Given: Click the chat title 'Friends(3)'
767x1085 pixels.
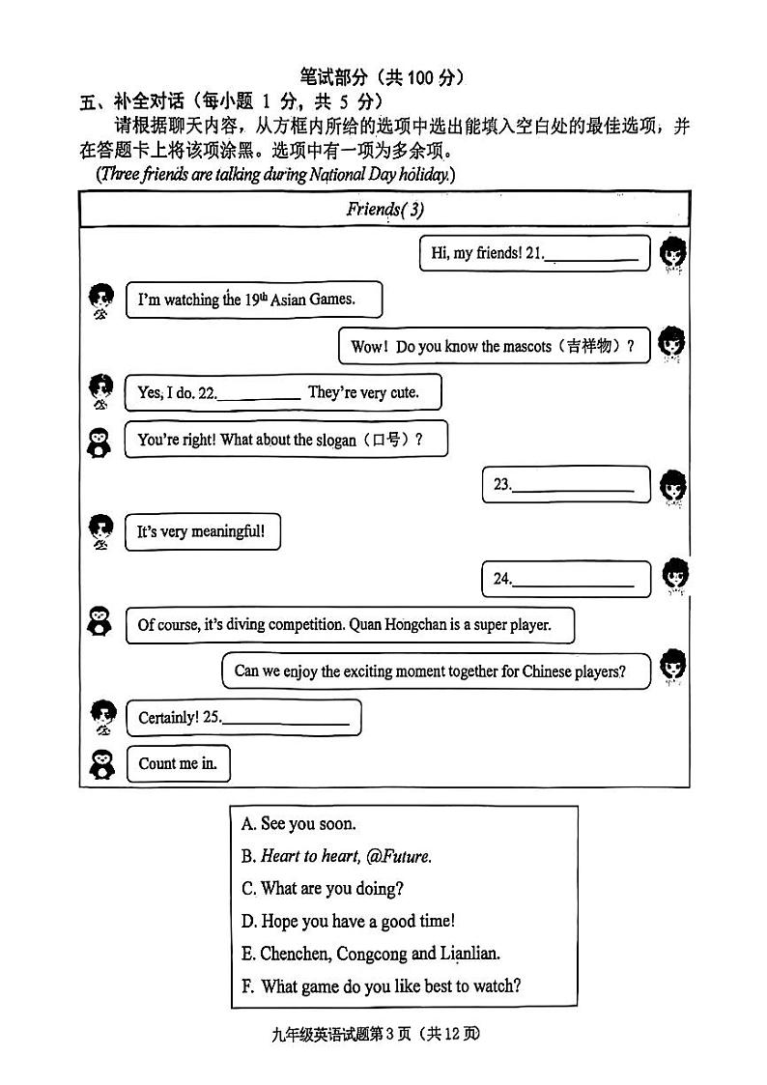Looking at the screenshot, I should (x=384, y=209).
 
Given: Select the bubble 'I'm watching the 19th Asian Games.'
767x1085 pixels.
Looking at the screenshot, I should (x=253, y=300).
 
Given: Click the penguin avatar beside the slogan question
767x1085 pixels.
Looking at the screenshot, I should (x=99, y=441).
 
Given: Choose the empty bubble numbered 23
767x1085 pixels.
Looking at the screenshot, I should (x=566, y=485).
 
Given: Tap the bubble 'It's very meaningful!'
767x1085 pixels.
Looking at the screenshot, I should (x=202, y=531).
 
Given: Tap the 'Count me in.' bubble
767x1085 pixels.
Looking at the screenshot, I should (x=178, y=763).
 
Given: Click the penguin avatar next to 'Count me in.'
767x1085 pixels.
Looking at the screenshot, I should (x=100, y=764).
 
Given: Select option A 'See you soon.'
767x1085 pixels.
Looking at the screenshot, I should (x=298, y=824).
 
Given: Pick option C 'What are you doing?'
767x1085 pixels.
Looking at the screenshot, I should (x=323, y=888).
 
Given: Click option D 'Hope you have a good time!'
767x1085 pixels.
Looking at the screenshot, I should (x=348, y=921).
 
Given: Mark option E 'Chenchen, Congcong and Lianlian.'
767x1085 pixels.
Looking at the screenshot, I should (x=370, y=954).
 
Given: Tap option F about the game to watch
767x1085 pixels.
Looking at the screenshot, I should (x=382, y=986).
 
